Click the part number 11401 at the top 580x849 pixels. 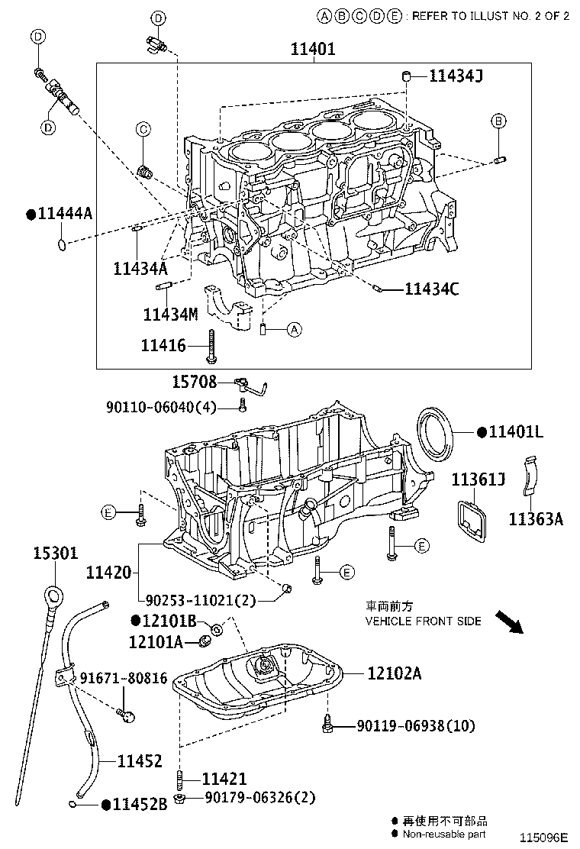point(313,50)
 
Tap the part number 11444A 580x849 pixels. point(64,215)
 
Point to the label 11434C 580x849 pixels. point(431,289)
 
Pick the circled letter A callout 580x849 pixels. point(295,330)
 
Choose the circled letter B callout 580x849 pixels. point(498,121)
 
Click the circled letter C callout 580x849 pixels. point(143,130)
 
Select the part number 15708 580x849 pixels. point(194,382)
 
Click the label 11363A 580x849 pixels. point(536,519)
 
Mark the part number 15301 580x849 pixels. point(55,552)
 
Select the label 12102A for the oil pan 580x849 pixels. point(394,673)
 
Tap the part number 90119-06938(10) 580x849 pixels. point(415,726)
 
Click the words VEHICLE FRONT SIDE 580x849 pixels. point(423,621)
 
